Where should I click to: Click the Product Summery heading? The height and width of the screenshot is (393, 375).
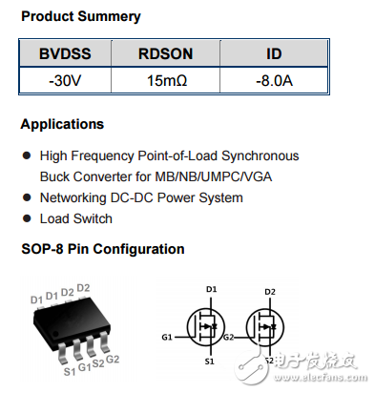[80, 16]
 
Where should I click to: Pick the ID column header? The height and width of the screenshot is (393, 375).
[274, 54]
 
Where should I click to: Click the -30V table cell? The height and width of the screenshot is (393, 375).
[65, 81]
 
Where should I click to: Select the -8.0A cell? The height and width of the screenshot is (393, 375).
[274, 81]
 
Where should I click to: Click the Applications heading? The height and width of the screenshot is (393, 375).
[62, 124]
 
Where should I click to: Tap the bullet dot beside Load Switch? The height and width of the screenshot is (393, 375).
[27, 219]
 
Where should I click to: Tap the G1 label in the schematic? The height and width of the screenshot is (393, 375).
[168, 336]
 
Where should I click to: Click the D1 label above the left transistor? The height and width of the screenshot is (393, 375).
[212, 288]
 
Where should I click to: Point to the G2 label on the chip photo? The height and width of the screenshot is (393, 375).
[113, 359]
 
